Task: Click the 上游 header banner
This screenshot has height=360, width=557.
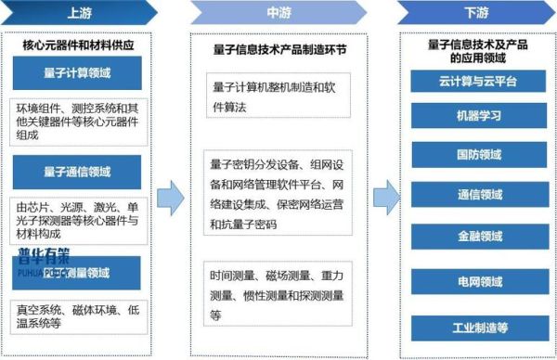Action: (79, 14)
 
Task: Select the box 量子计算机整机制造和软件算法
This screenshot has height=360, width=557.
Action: (281, 95)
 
